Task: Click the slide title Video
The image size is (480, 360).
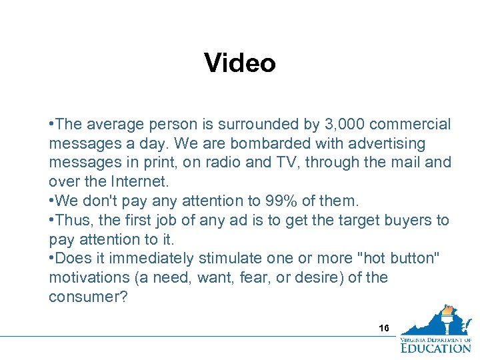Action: tap(240, 63)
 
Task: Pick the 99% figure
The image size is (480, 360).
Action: tap(251, 201)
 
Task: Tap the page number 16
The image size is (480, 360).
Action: tap(384, 329)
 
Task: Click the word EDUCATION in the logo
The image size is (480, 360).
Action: tap(435, 347)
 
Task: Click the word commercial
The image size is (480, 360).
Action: tap(409, 125)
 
